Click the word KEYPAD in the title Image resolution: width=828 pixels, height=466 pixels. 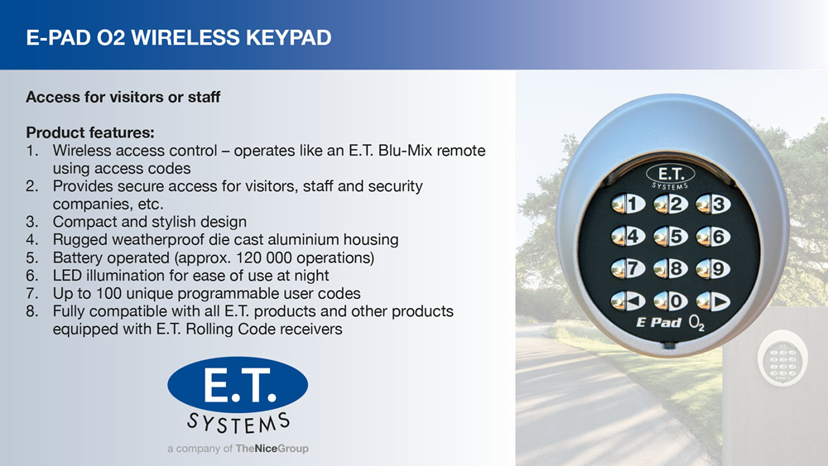[288, 37]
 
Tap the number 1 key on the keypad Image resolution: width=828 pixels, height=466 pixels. [628, 204]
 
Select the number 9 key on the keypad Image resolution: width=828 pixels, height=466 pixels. [713, 269]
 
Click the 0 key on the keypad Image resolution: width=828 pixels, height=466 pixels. [671, 301]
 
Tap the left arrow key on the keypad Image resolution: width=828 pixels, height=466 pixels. [628, 301]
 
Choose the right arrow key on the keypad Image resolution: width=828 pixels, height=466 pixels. [713, 302]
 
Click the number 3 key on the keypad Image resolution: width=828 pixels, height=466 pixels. [713, 204]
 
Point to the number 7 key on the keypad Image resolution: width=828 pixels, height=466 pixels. [628, 269]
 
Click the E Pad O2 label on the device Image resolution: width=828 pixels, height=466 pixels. [670, 323]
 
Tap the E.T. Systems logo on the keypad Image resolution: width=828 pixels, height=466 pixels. [670, 177]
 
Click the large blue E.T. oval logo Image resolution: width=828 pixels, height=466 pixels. [238, 385]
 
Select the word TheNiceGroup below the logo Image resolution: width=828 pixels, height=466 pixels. [272, 449]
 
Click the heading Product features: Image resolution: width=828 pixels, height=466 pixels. [90, 132]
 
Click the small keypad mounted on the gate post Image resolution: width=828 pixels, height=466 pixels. [782, 359]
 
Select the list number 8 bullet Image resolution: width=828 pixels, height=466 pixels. [32, 311]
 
